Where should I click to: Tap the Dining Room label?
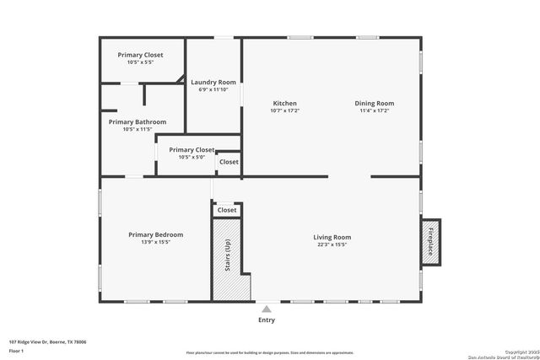[x=376, y=103]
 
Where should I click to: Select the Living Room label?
[x=332, y=237]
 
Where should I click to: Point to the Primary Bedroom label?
[x=155, y=234]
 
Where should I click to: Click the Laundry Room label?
[x=213, y=82]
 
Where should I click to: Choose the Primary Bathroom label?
[x=138, y=121]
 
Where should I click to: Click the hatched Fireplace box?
[x=429, y=240]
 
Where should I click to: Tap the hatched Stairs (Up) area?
[x=225, y=257]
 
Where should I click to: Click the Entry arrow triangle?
[x=267, y=309]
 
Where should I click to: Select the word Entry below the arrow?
[x=267, y=320]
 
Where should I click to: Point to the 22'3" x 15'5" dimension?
[x=332, y=244]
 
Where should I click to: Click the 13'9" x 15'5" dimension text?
[x=155, y=242]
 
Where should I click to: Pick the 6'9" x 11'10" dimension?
[x=213, y=89]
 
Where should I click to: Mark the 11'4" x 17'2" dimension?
[x=376, y=110]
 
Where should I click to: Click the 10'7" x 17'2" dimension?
[x=285, y=110]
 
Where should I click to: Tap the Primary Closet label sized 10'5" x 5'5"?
[x=140, y=55]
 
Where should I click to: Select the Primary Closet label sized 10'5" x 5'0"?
[x=192, y=149]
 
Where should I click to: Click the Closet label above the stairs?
[x=227, y=210]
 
